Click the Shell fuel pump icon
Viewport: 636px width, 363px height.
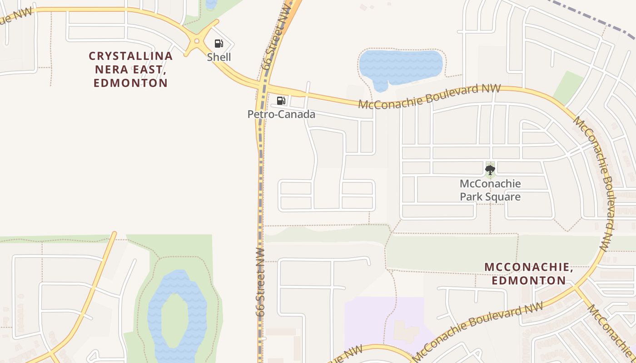point(219,44)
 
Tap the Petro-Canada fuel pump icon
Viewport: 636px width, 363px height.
point(281,101)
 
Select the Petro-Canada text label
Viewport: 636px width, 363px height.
point(281,114)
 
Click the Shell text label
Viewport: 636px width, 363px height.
point(219,57)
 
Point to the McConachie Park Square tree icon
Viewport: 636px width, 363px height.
point(490,170)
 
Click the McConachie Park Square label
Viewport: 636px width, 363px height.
point(490,190)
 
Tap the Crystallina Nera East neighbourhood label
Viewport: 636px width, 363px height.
point(131,69)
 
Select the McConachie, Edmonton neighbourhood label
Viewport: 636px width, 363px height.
point(529,274)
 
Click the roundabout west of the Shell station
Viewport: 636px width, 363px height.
point(197,41)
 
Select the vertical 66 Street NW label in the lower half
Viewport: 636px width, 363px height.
point(260,281)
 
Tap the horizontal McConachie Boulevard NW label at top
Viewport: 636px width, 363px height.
point(429,96)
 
